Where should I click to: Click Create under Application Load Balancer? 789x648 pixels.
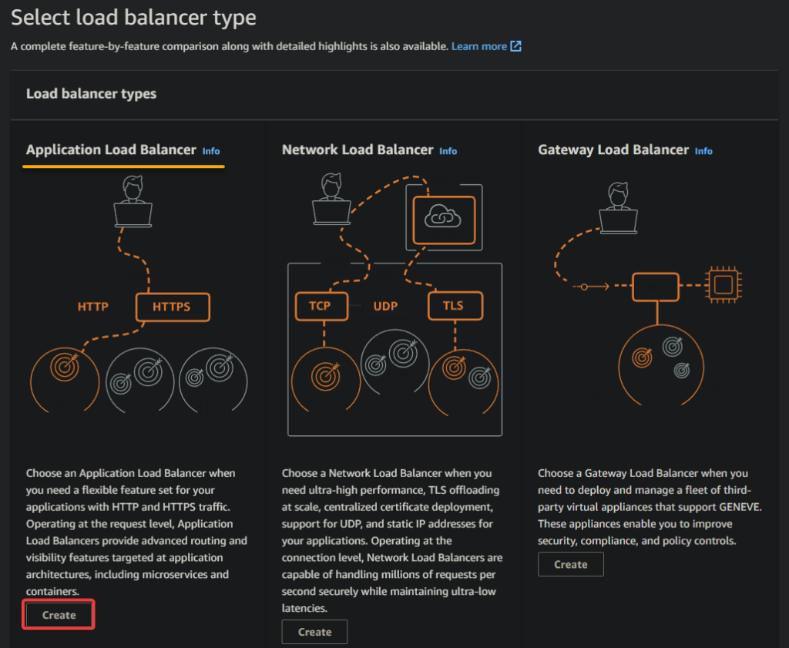59,615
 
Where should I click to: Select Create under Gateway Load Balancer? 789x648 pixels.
571,565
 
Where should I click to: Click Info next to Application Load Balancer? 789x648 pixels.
211,151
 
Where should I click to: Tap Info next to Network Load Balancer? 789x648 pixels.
448,151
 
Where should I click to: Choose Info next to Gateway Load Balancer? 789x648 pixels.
703,151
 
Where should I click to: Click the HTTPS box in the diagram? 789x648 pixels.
173,307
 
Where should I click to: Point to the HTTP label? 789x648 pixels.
93,307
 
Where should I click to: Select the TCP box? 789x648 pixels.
321,306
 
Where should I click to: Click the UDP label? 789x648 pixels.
385,306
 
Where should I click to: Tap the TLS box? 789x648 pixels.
455,306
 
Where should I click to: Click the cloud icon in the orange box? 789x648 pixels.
443,217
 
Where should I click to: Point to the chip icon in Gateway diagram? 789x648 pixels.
724,285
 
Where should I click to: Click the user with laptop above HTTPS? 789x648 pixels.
133,201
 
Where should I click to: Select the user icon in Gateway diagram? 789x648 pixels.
618,208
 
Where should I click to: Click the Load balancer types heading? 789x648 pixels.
91,93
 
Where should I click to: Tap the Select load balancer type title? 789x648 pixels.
133,17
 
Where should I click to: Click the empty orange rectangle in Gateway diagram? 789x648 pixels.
656,287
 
